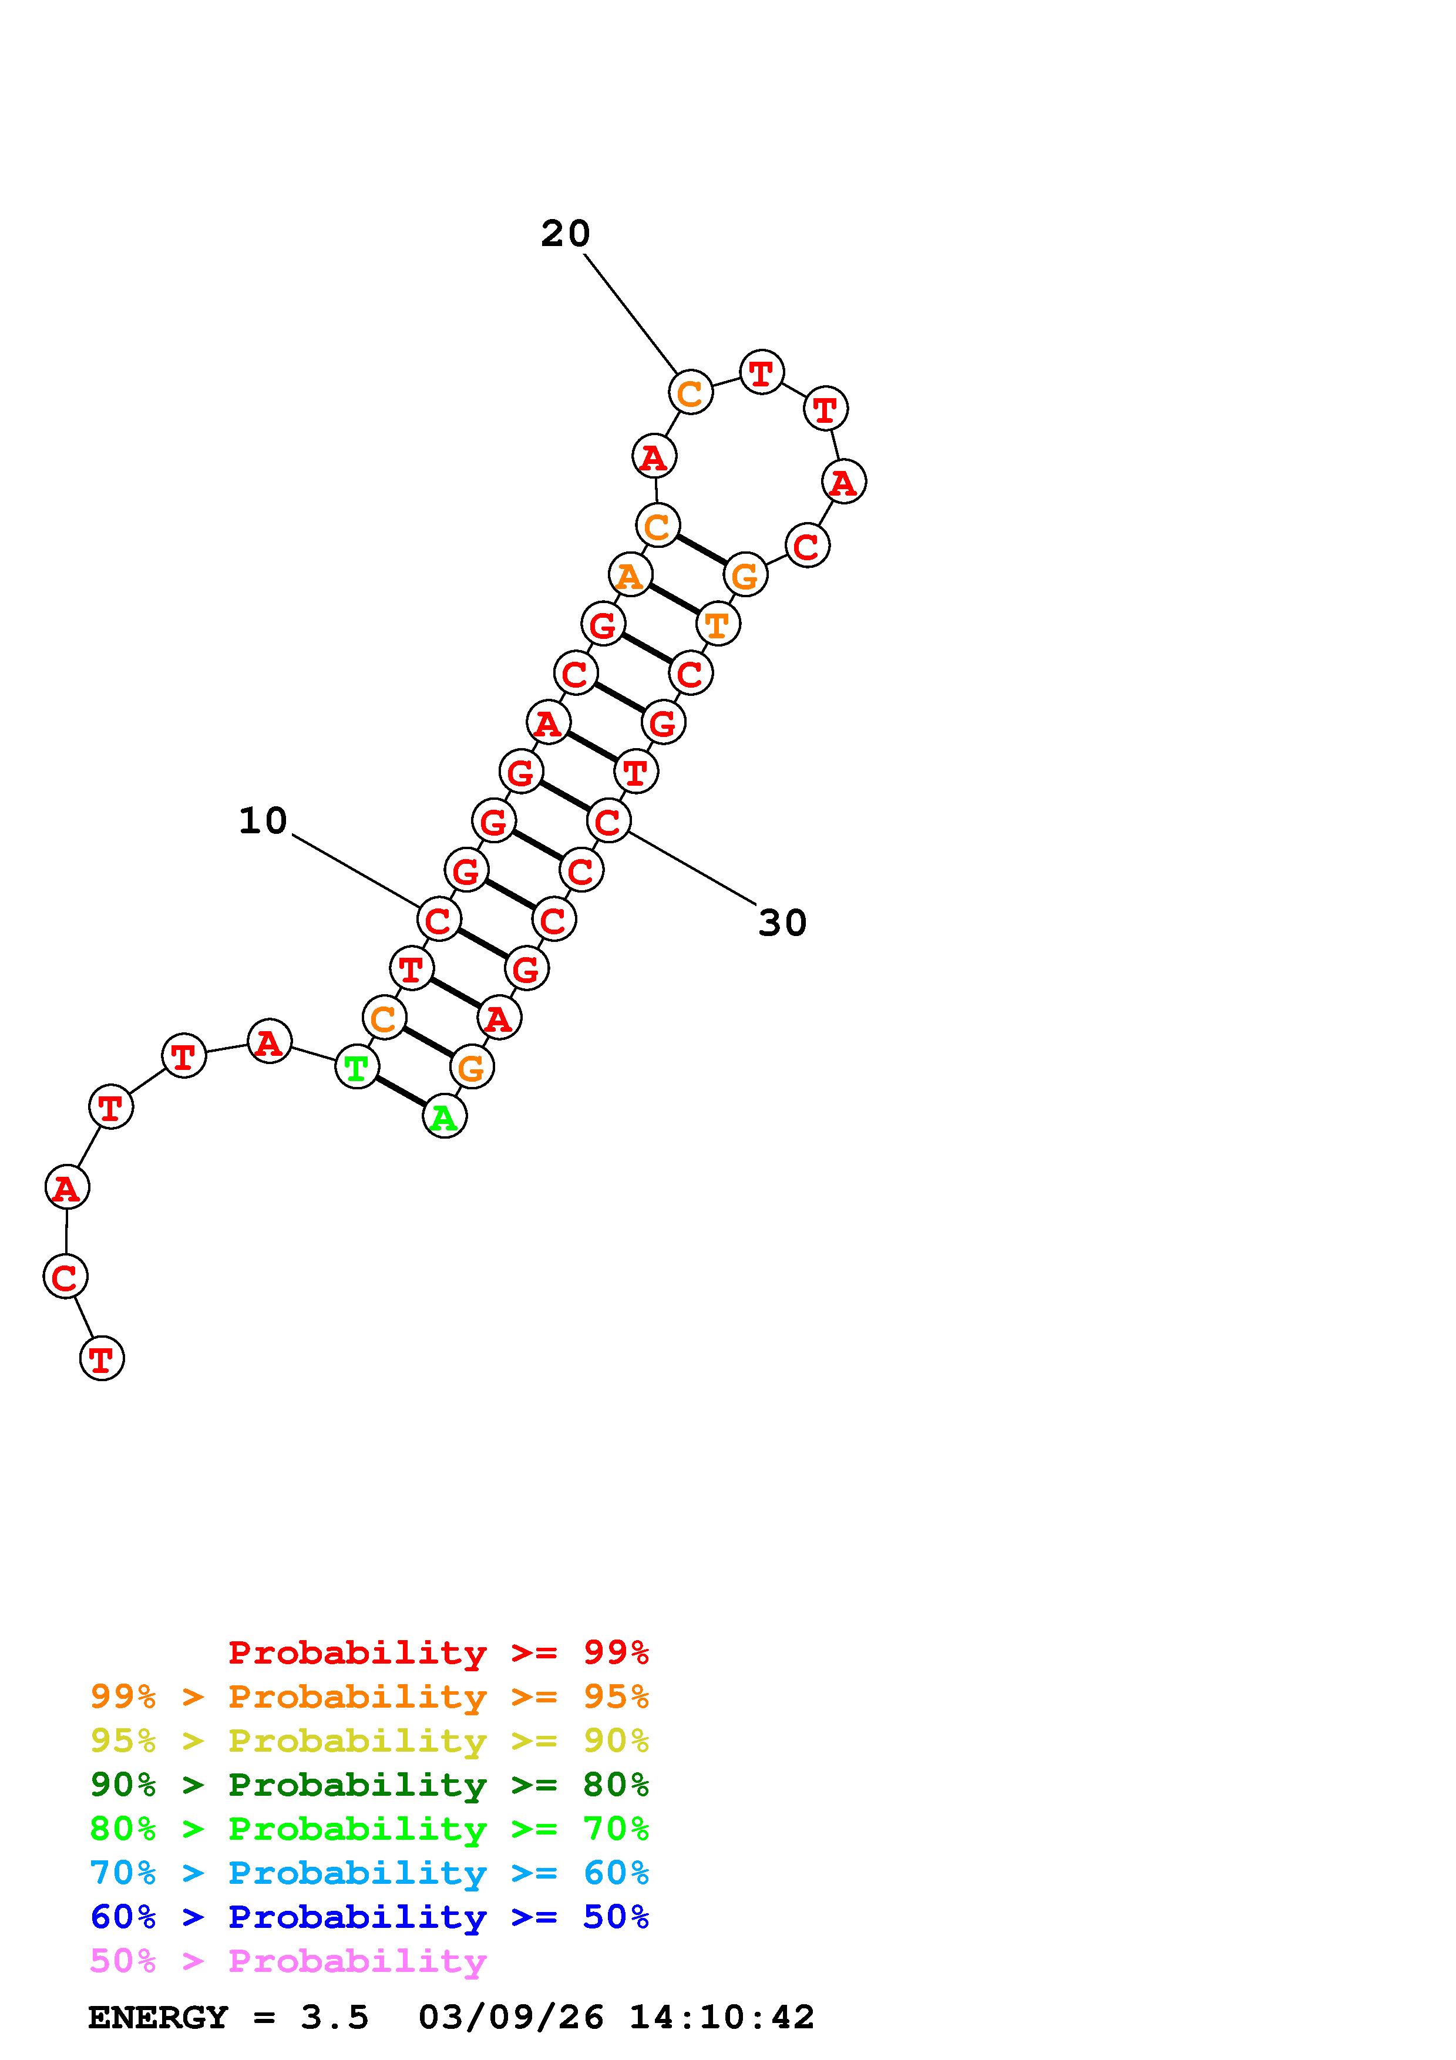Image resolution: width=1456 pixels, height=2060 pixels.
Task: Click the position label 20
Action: point(565,234)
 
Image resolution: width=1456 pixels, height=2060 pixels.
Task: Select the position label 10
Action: point(263,821)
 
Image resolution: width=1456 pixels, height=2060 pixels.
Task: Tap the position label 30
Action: point(782,923)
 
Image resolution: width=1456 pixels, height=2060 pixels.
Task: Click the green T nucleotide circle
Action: point(356,1068)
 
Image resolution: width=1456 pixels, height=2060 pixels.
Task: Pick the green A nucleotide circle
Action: point(444,1117)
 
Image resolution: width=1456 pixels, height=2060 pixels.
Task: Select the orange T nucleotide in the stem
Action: point(718,624)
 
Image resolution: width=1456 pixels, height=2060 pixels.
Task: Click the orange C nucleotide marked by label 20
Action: point(690,393)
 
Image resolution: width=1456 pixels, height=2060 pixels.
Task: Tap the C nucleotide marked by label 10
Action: point(439,920)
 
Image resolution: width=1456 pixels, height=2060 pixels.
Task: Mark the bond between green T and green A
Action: point(400,1092)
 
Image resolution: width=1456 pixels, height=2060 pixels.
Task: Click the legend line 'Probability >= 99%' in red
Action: point(439,1652)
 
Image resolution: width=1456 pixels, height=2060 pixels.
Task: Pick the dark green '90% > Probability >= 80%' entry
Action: point(369,1785)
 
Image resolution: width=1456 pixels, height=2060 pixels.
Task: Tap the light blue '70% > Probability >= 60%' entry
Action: point(369,1873)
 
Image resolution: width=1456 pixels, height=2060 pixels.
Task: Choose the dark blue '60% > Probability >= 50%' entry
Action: point(369,1917)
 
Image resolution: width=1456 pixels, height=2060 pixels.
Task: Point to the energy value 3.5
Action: point(335,2018)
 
